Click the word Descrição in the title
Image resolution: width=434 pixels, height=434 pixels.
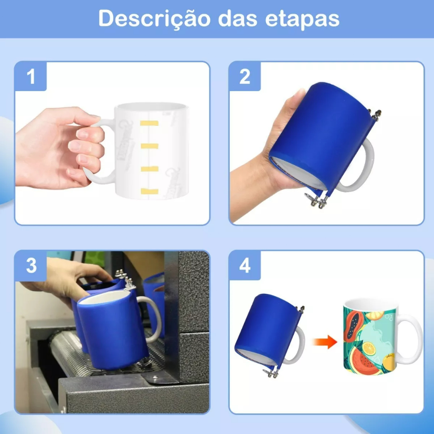[x=154, y=19]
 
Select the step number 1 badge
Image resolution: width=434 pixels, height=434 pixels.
[x=31, y=76]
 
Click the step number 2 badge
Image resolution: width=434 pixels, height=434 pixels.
[x=245, y=76]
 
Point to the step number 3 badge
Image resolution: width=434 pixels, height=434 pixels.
[x=31, y=266]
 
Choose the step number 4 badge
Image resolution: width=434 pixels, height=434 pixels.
[x=245, y=266]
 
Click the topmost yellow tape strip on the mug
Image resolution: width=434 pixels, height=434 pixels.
[x=149, y=123]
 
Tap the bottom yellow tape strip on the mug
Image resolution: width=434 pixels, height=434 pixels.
[x=150, y=191]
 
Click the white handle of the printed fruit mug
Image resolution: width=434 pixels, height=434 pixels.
[x=410, y=339]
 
